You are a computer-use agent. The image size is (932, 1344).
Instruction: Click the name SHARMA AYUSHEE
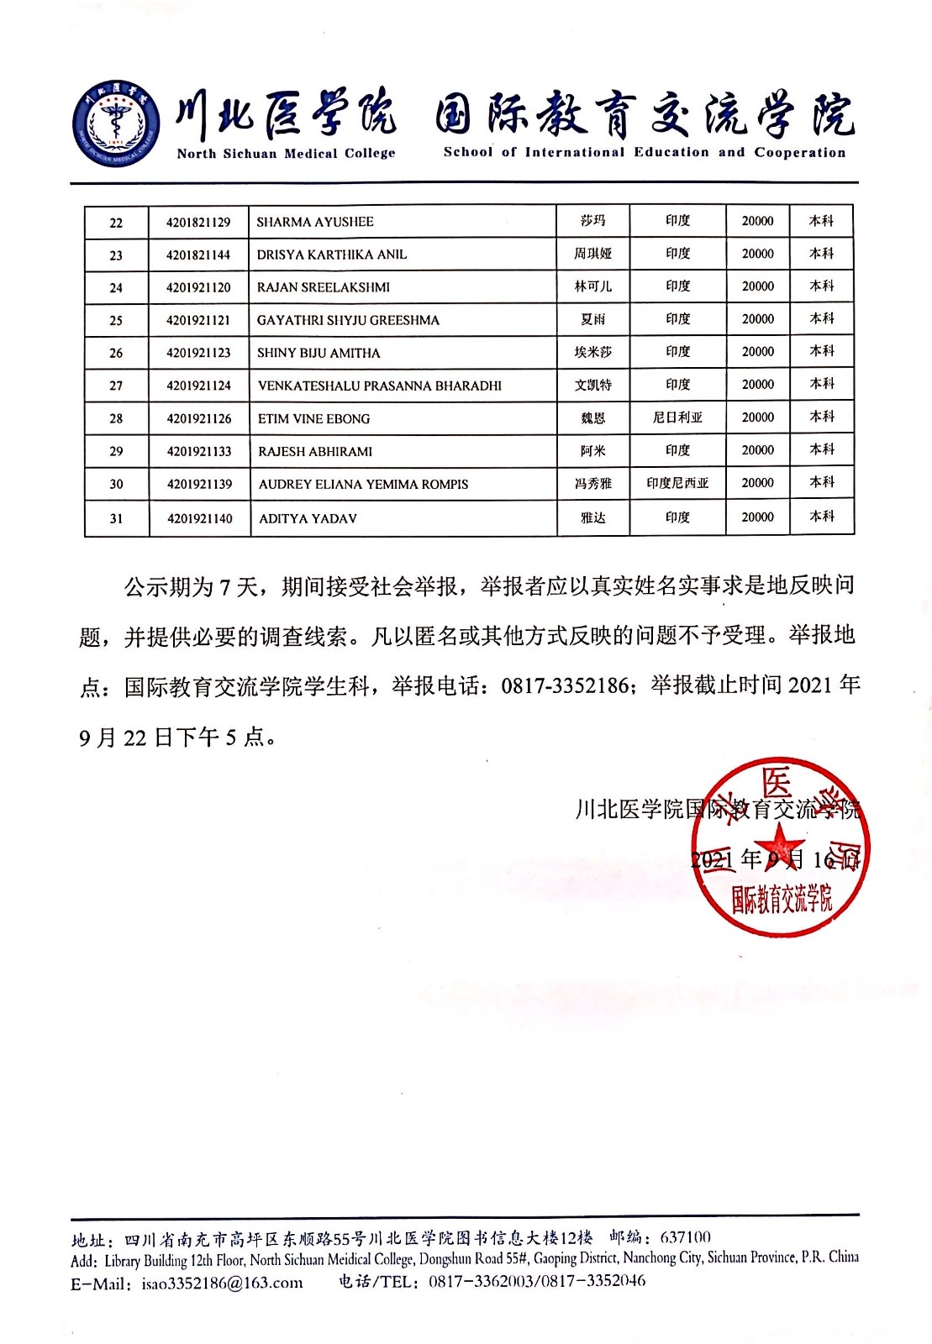point(315,222)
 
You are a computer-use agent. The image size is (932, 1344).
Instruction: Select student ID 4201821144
point(198,255)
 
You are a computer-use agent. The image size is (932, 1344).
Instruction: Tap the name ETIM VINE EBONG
point(313,418)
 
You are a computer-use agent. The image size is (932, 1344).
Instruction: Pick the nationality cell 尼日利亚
point(677,417)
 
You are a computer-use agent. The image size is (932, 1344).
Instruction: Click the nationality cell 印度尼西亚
point(677,483)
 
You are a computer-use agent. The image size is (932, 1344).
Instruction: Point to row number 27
point(116,386)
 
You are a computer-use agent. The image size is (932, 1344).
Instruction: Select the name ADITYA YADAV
point(308,518)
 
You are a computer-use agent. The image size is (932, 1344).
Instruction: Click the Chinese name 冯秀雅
point(593,484)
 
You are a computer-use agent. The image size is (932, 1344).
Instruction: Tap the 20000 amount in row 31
point(757,517)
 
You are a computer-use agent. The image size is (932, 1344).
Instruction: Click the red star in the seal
point(779,843)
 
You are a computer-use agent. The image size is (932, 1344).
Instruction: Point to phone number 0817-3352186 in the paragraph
point(565,686)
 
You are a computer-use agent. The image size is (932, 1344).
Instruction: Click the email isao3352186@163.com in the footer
point(222,1283)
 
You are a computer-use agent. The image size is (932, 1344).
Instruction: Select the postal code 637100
point(685,1237)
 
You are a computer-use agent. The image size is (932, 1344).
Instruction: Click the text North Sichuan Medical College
point(286,154)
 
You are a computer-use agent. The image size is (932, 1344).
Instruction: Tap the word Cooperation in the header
point(799,153)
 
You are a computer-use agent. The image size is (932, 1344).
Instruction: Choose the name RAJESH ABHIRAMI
point(315,451)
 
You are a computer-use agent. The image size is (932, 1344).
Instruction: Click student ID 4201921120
point(198,287)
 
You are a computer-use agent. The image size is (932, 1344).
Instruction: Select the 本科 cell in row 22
point(821,221)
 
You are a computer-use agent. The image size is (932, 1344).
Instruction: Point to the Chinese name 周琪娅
point(593,254)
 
